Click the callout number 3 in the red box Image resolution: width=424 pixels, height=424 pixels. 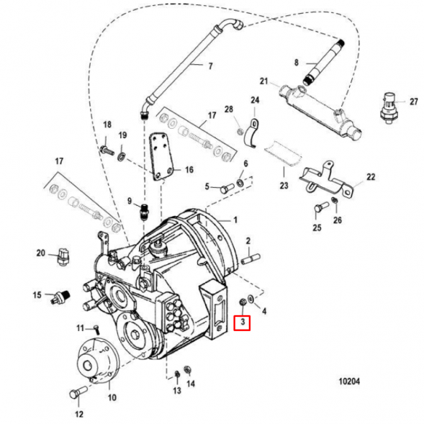pyautogui.click(x=243, y=322)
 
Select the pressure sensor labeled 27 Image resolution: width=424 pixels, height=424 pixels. pyautogui.click(x=389, y=108)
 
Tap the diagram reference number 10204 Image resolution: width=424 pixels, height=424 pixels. pyautogui.click(x=349, y=382)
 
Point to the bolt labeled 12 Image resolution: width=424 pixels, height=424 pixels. pyautogui.click(x=78, y=392)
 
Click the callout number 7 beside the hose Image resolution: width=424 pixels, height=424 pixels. pyautogui.click(x=210, y=66)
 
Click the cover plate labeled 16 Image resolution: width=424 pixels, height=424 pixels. pyautogui.click(x=161, y=156)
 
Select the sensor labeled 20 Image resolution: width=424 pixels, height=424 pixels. pyautogui.click(x=63, y=256)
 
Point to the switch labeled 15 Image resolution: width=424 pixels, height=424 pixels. pyautogui.click(x=61, y=297)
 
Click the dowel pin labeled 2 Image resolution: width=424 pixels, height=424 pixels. pyautogui.click(x=251, y=258)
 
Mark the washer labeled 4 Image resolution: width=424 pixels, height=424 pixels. pyautogui.click(x=251, y=299)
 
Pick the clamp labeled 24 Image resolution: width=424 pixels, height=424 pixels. pyautogui.click(x=251, y=133)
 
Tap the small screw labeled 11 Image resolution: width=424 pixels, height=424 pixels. pyautogui.click(x=96, y=330)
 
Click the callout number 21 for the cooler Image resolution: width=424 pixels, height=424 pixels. pyautogui.click(x=263, y=81)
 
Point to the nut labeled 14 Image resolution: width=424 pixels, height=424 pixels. pyautogui.click(x=187, y=369)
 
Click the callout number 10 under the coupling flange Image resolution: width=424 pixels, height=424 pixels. pyautogui.click(x=112, y=397)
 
